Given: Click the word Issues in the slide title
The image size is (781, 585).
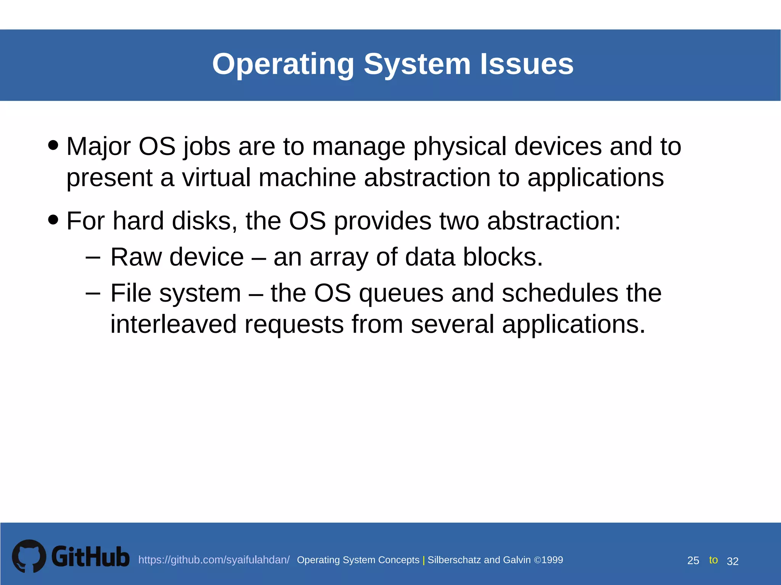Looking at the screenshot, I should point(526,64).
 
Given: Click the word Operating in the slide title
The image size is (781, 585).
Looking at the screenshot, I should point(283,64).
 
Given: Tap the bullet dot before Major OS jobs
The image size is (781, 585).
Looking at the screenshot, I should point(53,145).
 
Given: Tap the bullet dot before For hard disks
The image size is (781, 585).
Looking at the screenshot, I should point(53,219).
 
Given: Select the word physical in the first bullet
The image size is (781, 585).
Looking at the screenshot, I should point(460,147).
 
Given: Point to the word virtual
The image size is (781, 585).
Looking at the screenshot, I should point(216,177).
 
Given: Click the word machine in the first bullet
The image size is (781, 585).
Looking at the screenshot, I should point(307,177).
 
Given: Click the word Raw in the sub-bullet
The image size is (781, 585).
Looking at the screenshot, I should point(136,257).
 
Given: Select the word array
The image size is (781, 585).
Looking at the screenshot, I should point(339,258).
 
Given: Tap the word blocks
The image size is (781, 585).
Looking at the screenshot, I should point(502,257).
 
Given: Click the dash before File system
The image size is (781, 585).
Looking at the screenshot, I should point(93,293).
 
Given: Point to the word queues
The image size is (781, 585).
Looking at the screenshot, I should point(401,294).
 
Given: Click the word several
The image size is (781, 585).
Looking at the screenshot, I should point(452,324).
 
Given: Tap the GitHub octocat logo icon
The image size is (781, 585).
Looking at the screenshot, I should point(29,556).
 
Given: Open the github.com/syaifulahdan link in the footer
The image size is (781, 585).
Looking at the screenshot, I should point(214,560).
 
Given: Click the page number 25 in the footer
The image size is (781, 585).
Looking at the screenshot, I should point(693,561).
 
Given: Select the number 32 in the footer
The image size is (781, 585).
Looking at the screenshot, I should point(733,561).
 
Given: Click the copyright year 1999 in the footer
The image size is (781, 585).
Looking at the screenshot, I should point(552,560).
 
